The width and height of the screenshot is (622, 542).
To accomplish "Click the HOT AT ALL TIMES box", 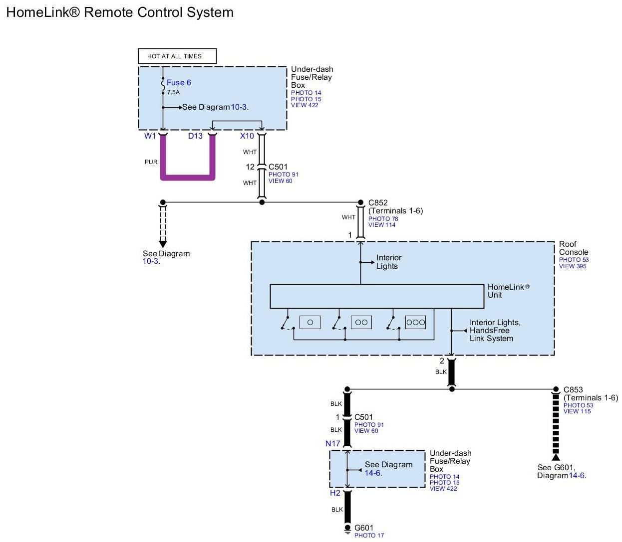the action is pos(177,56).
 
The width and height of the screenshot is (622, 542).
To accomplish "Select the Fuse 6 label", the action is pos(179,83).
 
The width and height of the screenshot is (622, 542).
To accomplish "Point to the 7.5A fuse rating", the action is pos(173,92).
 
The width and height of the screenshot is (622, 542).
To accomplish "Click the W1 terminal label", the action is pos(150,136).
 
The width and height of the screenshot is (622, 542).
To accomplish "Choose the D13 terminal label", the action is pos(195,136).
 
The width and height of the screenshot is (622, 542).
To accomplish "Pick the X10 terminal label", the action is pos(247,136).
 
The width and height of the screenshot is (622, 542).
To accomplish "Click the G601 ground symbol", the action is pos(347,529).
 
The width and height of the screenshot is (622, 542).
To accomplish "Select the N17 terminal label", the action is pos(332,443).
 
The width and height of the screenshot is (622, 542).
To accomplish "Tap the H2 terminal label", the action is pos(335,493).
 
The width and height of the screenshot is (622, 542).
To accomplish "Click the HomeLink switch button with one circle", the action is pos(310,322).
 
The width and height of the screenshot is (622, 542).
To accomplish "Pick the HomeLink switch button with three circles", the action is pos(415,322).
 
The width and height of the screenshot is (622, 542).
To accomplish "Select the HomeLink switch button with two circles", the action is pos(361,322).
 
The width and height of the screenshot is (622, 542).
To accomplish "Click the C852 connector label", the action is pos(378,202).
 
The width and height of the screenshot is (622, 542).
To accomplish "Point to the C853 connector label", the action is pos(573,389).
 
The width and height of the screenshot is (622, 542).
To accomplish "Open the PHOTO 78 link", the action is pos(383,218).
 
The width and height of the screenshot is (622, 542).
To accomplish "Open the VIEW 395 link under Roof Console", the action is pos(573,266).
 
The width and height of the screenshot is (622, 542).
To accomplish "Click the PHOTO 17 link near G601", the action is pos(369,536).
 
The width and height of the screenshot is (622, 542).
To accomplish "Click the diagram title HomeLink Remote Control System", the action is pos(120,12).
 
